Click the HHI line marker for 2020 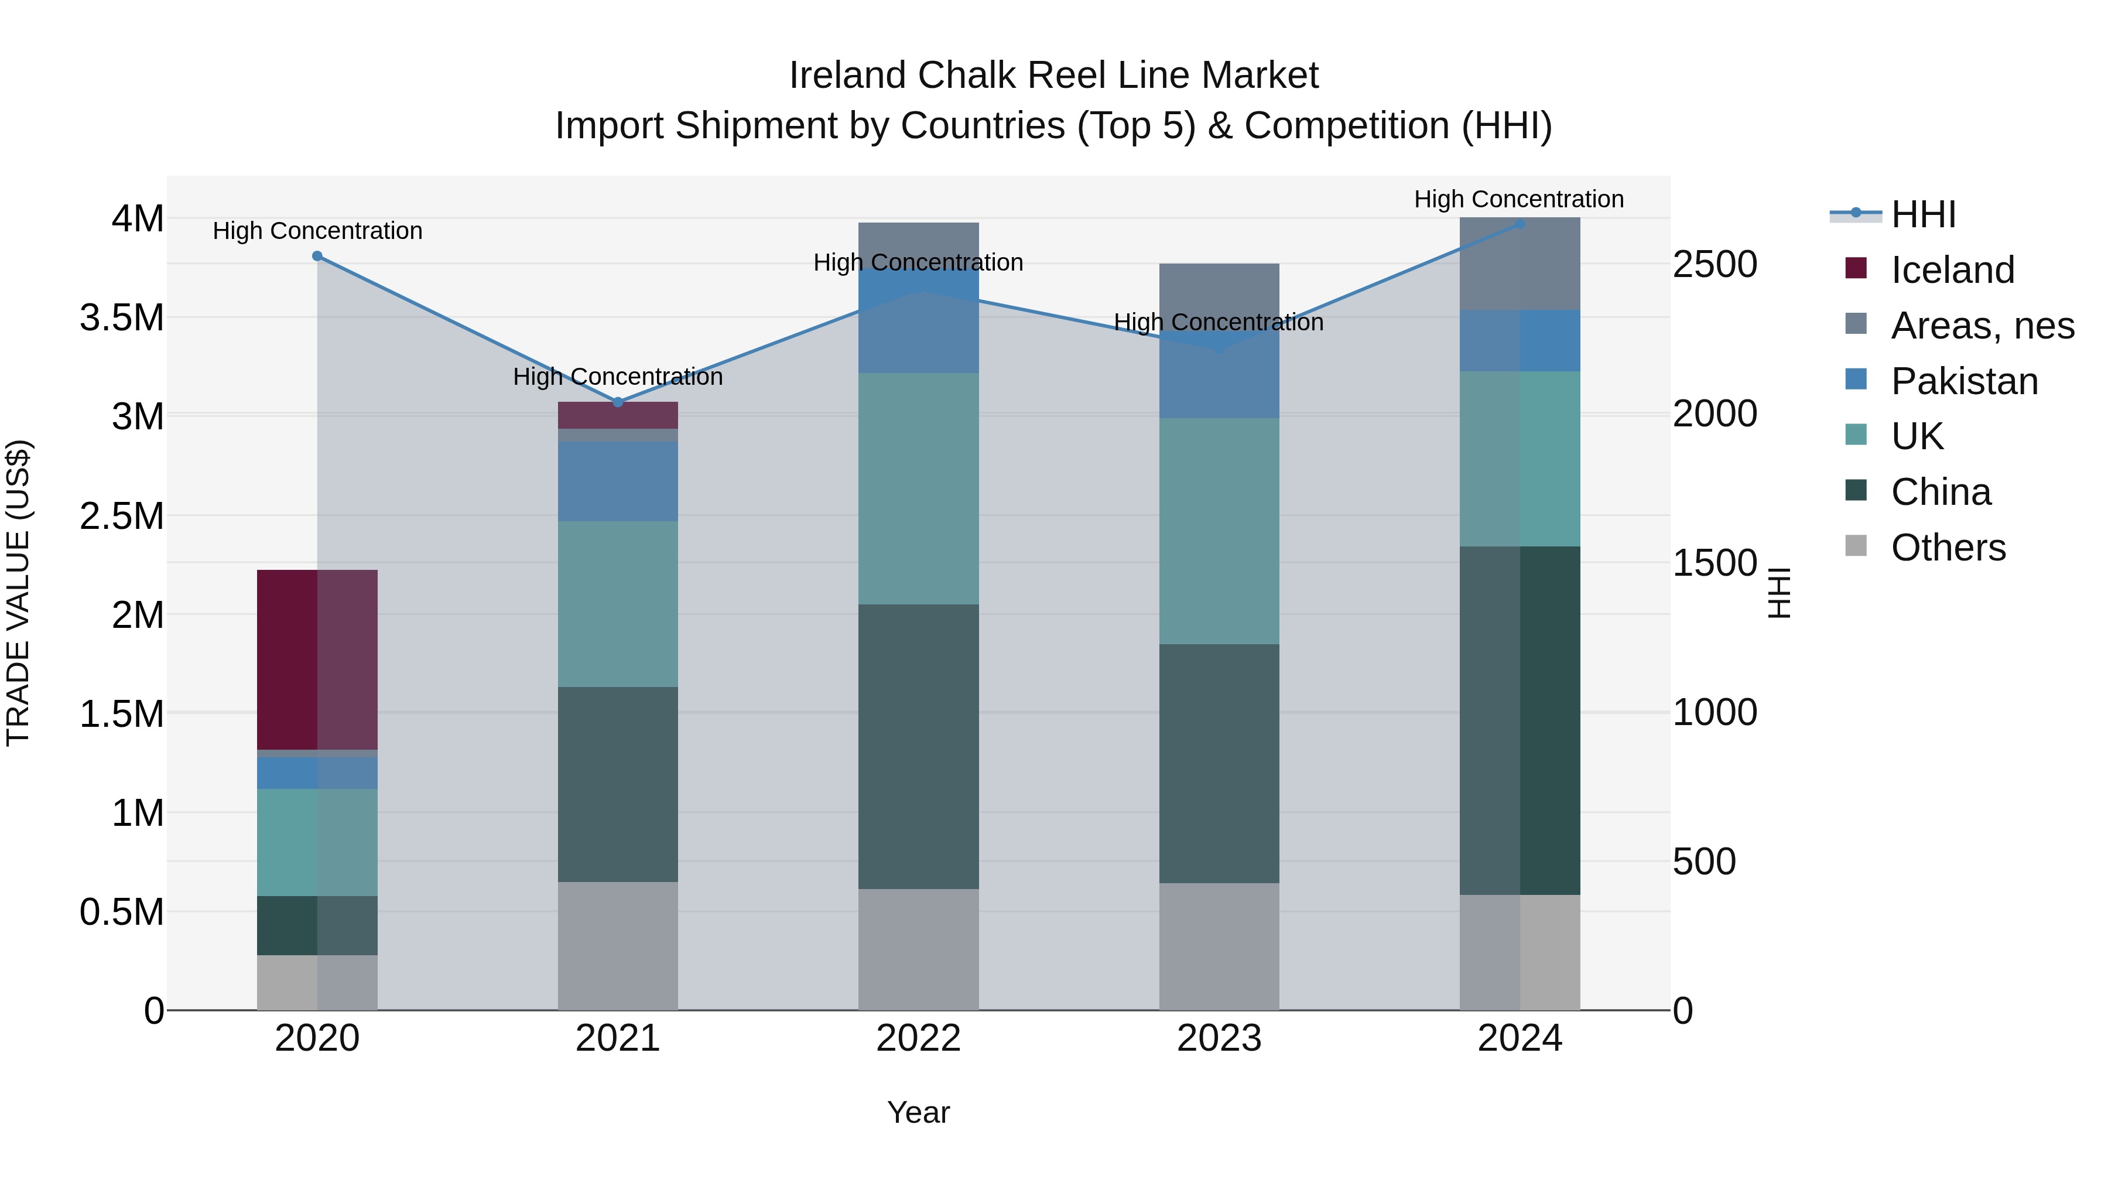pyautogui.click(x=317, y=256)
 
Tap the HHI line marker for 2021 pyautogui.click(x=618, y=402)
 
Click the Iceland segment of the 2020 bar pyautogui.click(x=317, y=659)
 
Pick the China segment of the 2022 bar pyautogui.click(x=918, y=747)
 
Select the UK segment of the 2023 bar pyautogui.click(x=1219, y=531)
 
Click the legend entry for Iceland pyautogui.click(x=1952, y=270)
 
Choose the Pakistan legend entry pyautogui.click(x=1964, y=381)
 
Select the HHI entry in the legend pyautogui.click(x=1923, y=214)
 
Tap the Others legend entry pyautogui.click(x=1948, y=548)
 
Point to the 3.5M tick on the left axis pyautogui.click(x=122, y=317)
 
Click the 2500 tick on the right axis pyautogui.click(x=1715, y=264)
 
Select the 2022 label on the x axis pyautogui.click(x=918, y=1038)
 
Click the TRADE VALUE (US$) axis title pyautogui.click(x=18, y=593)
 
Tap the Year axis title pyautogui.click(x=918, y=1112)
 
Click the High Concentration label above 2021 pyautogui.click(x=618, y=377)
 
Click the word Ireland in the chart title pyautogui.click(x=848, y=76)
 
